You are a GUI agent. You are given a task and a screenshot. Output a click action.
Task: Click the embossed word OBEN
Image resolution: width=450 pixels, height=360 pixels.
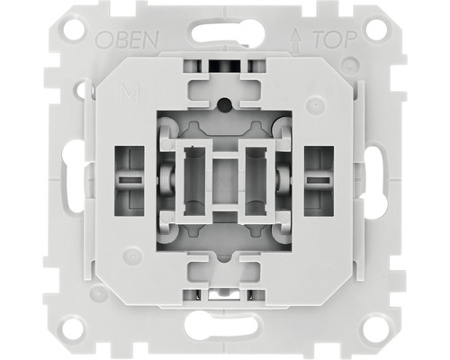pyautogui.click(x=127, y=40)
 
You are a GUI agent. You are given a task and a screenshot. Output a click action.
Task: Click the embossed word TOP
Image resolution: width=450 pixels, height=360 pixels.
pyautogui.click(x=335, y=40)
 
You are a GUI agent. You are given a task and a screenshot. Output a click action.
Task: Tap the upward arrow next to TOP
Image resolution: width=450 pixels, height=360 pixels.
pyautogui.click(x=295, y=40)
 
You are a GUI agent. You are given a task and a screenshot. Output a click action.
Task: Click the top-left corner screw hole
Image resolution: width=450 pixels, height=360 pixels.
pyautogui.click(x=76, y=30)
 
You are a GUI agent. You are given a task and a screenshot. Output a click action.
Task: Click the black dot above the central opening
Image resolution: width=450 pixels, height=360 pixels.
pyautogui.click(x=225, y=103)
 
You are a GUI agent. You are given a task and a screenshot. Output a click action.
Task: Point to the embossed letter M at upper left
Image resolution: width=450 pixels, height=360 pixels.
pyautogui.click(x=130, y=95)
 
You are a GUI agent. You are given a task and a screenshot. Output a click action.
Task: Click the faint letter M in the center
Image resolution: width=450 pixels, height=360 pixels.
pyautogui.click(x=225, y=181)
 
